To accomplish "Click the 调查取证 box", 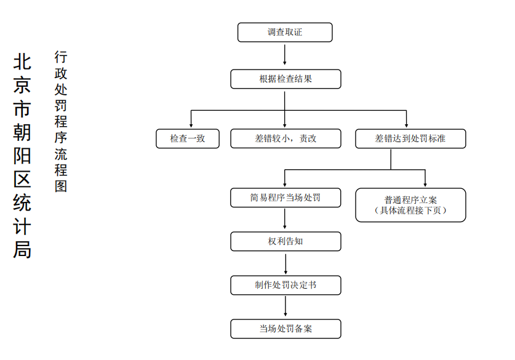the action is coord(285,32).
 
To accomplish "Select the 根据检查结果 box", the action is coord(285,79).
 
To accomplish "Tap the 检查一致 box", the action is coord(188,138).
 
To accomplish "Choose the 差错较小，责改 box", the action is coord(285,138).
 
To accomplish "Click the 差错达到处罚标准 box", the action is coord(410,138).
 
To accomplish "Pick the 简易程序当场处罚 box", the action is coord(285,198).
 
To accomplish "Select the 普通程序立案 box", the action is coord(410,205).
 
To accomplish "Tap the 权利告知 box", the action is coord(285,241).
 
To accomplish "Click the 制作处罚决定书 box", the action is coord(285,285).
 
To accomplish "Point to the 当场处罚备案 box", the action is coord(285,329).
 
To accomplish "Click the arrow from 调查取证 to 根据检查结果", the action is coord(284,55).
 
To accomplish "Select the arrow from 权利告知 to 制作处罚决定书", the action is coord(285,264).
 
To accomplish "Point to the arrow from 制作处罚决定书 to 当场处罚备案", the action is coord(285,306).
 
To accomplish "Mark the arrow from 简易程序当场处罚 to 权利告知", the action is coord(284,218).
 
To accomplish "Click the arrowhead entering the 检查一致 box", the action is coord(191,126).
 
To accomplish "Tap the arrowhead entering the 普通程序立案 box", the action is coord(425,185).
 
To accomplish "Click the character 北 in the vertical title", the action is coord(22,62).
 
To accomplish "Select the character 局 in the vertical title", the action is coord(22,250).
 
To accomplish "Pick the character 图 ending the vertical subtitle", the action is coord(61,186).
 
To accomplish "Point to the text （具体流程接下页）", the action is coord(410,210).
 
